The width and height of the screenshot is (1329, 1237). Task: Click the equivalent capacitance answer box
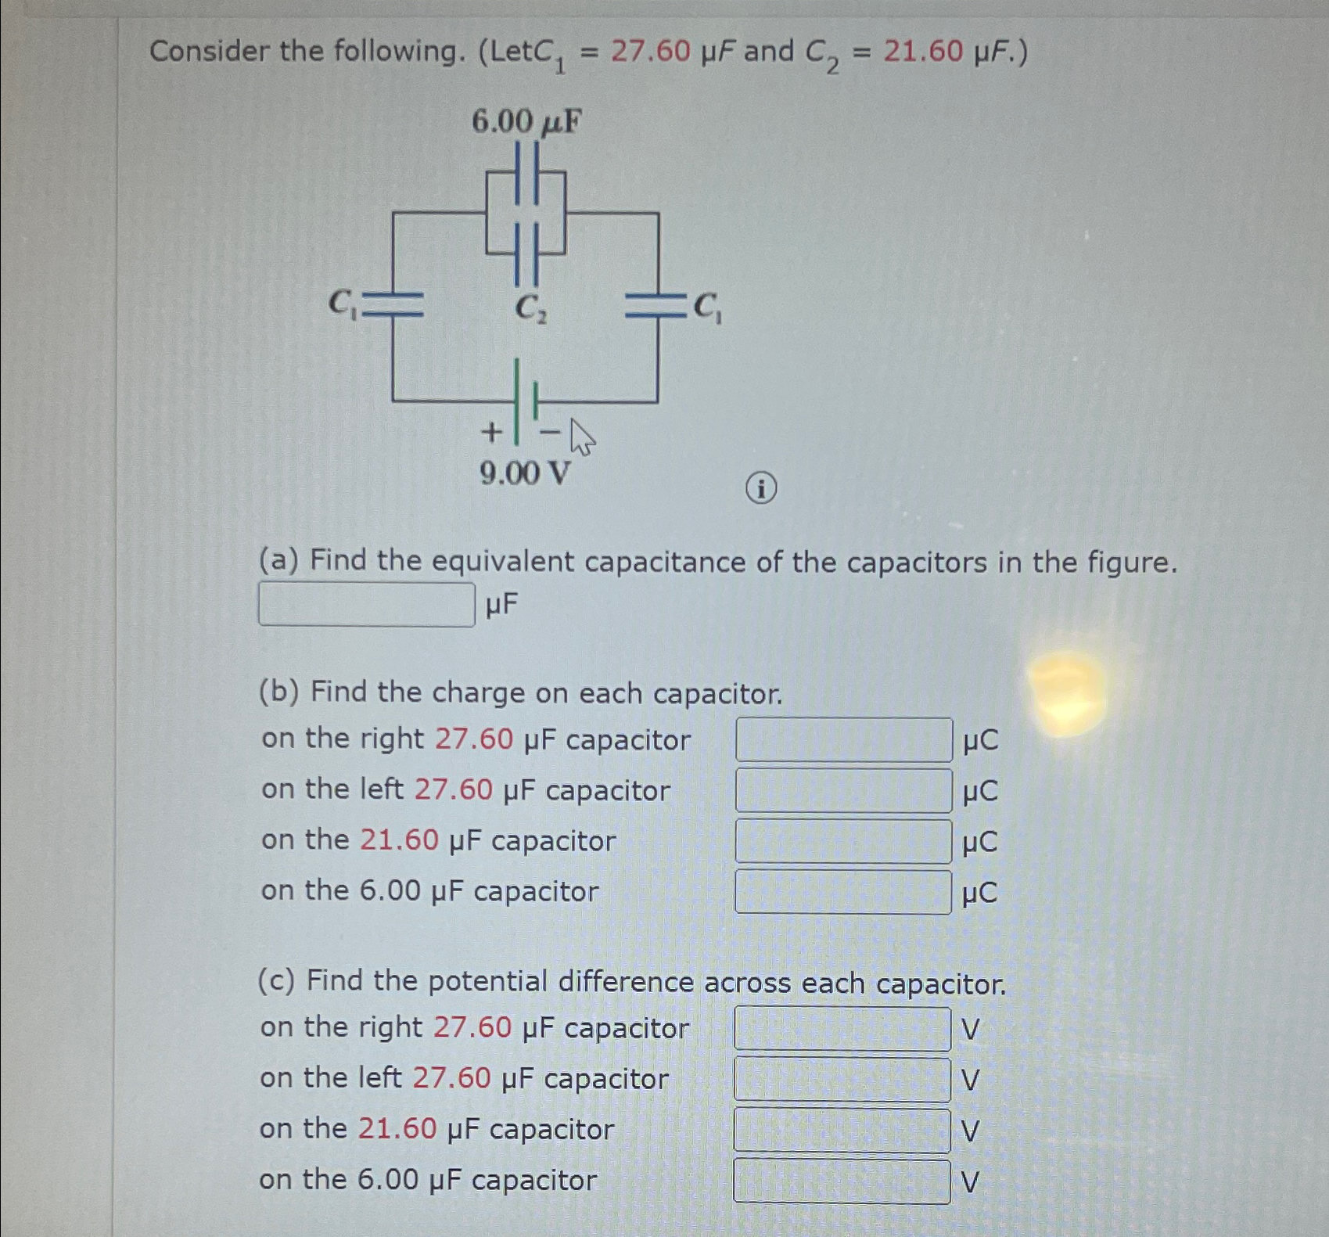coord(366,604)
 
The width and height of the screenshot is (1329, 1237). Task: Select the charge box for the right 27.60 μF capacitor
coord(843,739)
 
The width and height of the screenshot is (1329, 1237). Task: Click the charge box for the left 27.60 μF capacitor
coord(843,790)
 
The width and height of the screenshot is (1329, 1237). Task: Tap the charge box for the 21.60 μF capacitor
coord(843,841)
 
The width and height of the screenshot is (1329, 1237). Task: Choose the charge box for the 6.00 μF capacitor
coord(843,892)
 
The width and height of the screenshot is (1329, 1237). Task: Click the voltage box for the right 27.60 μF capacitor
coord(842,1028)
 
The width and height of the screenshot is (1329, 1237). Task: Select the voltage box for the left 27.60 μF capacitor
coord(842,1079)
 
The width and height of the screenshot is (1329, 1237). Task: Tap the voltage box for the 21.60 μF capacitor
coord(842,1130)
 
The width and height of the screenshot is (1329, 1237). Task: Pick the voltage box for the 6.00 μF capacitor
coord(842,1181)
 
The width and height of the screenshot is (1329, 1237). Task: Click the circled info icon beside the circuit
coord(761,489)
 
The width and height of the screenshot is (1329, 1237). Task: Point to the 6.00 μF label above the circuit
coord(526,122)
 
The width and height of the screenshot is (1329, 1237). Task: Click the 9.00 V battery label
coord(525,473)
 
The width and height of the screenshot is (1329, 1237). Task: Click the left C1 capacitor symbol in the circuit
coord(394,305)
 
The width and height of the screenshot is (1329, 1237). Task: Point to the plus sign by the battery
coord(491,431)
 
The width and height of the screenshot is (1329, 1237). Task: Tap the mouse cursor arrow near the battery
coord(581,437)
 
